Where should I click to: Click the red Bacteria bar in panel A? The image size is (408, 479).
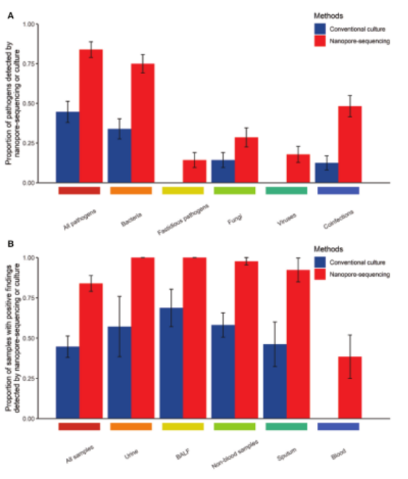point(143,123)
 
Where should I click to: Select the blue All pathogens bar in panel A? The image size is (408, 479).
point(67,147)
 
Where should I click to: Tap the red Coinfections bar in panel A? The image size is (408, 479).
point(350,144)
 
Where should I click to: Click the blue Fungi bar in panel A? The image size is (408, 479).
point(222,171)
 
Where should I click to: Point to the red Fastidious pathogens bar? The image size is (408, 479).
point(194,171)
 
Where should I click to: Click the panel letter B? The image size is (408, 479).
point(10,243)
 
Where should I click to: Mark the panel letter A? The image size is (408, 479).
point(10,14)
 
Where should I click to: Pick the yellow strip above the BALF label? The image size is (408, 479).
point(183,426)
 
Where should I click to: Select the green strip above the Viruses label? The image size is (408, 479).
point(286,191)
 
